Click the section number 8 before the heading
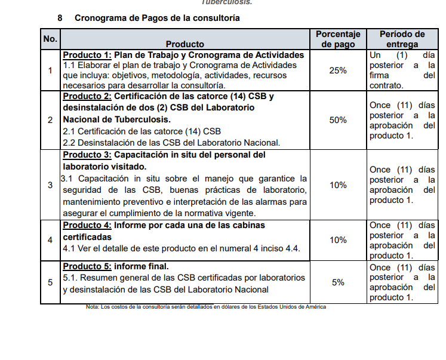60,18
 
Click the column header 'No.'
50,39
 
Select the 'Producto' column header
184,44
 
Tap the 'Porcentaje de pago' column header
338,39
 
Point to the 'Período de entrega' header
402,39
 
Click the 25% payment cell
338,70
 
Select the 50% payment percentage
338,120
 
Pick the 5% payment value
338,282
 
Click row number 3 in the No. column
50,185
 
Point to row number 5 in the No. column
50,282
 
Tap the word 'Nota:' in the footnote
93,307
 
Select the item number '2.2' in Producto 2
69,143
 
